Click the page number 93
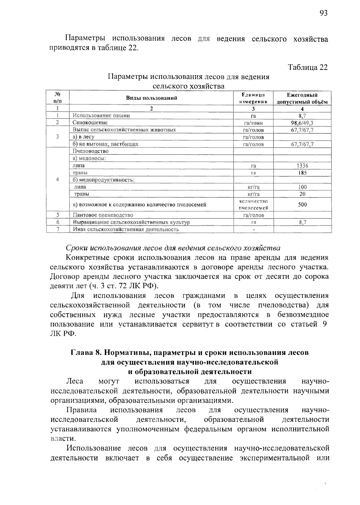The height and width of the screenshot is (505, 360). (x=323, y=13)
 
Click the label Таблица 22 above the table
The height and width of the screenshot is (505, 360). (x=308, y=67)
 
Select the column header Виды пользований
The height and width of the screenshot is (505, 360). (x=151, y=98)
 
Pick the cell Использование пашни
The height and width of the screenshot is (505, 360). (x=101, y=116)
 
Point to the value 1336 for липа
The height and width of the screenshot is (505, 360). (x=302, y=166)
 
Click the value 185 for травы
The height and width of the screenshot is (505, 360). (x=302, y=173)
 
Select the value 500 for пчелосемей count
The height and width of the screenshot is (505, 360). (x=302, y=205)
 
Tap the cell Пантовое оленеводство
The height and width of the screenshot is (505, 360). (x=103, y=215)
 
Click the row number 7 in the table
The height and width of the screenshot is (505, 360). (x=58, y=229)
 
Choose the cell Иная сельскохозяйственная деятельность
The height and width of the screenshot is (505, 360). (x=126, y=230)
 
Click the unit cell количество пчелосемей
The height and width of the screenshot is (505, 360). (x=253, y=205)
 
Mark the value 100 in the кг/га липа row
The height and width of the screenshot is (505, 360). (x=302, y=187)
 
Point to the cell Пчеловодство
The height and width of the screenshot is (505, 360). (x=91, y=151)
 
